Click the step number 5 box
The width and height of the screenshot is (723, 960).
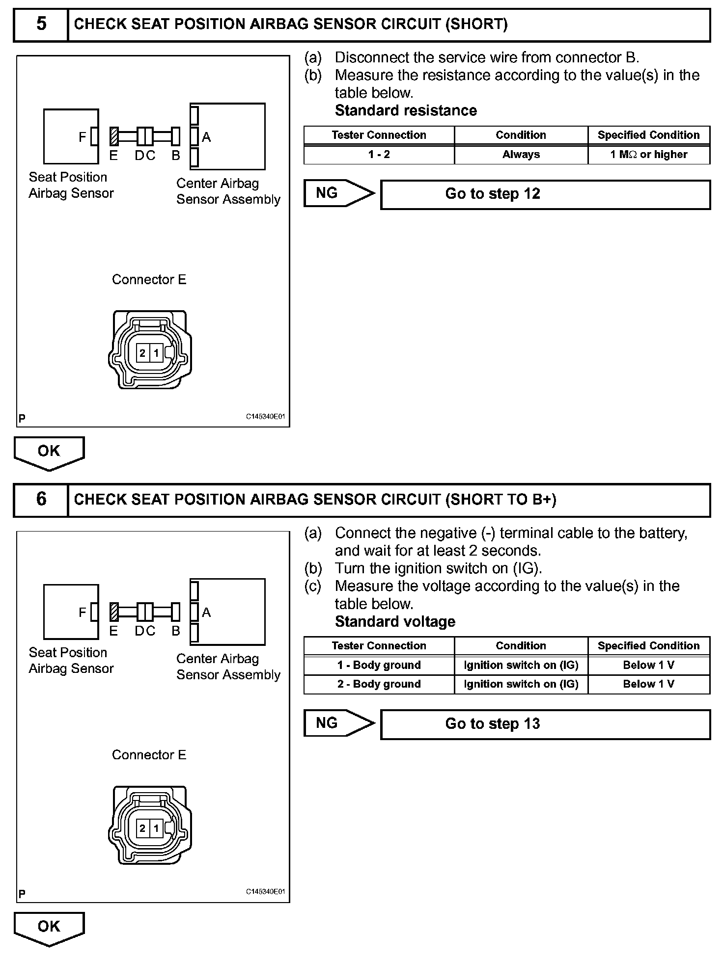[41, 24]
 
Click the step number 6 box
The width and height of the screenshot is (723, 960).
[41, 500]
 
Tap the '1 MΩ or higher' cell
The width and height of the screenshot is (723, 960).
[648, 155]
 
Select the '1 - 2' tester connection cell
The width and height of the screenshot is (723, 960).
[379, 155]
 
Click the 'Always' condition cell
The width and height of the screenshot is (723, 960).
[521, 155]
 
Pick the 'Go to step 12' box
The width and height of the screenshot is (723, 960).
[545, 194]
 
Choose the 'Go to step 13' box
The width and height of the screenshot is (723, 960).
[545, 724]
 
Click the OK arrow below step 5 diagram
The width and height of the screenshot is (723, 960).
[49, 452]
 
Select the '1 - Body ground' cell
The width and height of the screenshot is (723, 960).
[379, 665]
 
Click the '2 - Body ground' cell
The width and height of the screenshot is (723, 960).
[379, 684]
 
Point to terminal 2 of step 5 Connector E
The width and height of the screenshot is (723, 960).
[142, 353]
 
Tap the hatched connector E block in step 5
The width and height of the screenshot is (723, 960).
[114, 136]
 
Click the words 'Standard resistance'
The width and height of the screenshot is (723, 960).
[406, 110]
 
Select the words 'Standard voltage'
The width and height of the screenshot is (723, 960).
[395, 622]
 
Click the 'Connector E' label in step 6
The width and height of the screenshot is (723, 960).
[149, 755]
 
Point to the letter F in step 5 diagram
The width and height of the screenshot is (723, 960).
[83, 137]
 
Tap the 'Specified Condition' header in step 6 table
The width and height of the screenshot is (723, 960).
[648, 646]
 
